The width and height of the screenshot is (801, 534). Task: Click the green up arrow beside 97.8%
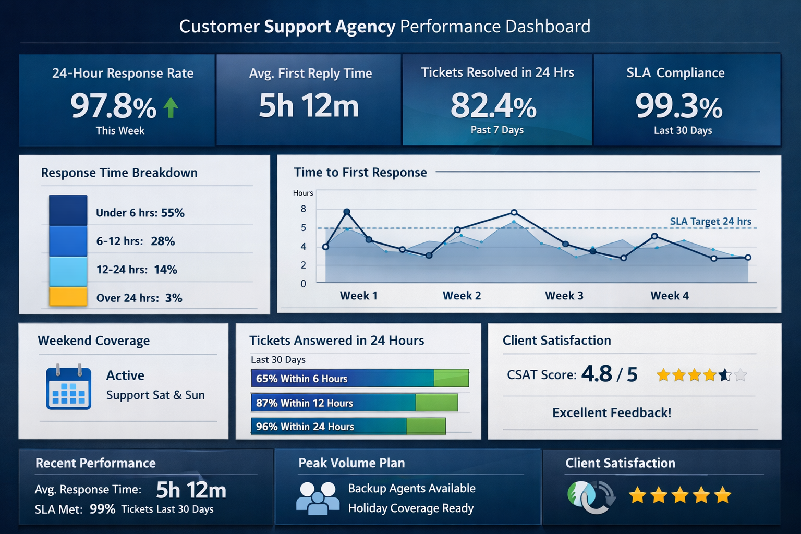click(171, 107)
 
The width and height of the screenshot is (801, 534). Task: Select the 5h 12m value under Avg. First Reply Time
click(309, 106)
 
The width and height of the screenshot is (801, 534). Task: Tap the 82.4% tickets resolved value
click(493, 106)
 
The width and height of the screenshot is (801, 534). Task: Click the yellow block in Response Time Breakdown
click(68, 296)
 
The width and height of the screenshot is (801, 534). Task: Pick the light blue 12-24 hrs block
click(68, 271)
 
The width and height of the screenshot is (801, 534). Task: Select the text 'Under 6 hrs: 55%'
click(140, 213)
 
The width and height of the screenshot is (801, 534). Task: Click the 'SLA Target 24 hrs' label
click(710, 221)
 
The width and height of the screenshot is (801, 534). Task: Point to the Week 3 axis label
click(564, 296)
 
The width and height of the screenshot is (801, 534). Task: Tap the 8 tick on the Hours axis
click(304, 209)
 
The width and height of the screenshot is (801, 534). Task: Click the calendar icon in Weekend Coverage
click(68, 387)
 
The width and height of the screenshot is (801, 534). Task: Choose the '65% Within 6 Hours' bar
click(359, 379)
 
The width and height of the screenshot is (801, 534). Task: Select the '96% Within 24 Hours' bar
click(348, 427)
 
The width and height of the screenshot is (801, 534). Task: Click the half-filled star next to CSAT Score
click(724, 375)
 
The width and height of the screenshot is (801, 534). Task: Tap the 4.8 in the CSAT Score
click(597, 374)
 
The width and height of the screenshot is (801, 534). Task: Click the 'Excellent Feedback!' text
click(611, 413)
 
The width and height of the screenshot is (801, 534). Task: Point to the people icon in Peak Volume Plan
click(317, 498)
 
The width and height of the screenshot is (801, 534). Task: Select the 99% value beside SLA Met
click(102, 509)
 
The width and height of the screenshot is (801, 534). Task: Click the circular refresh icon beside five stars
click(591, 496)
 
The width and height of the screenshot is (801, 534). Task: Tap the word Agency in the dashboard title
click(365, 27)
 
